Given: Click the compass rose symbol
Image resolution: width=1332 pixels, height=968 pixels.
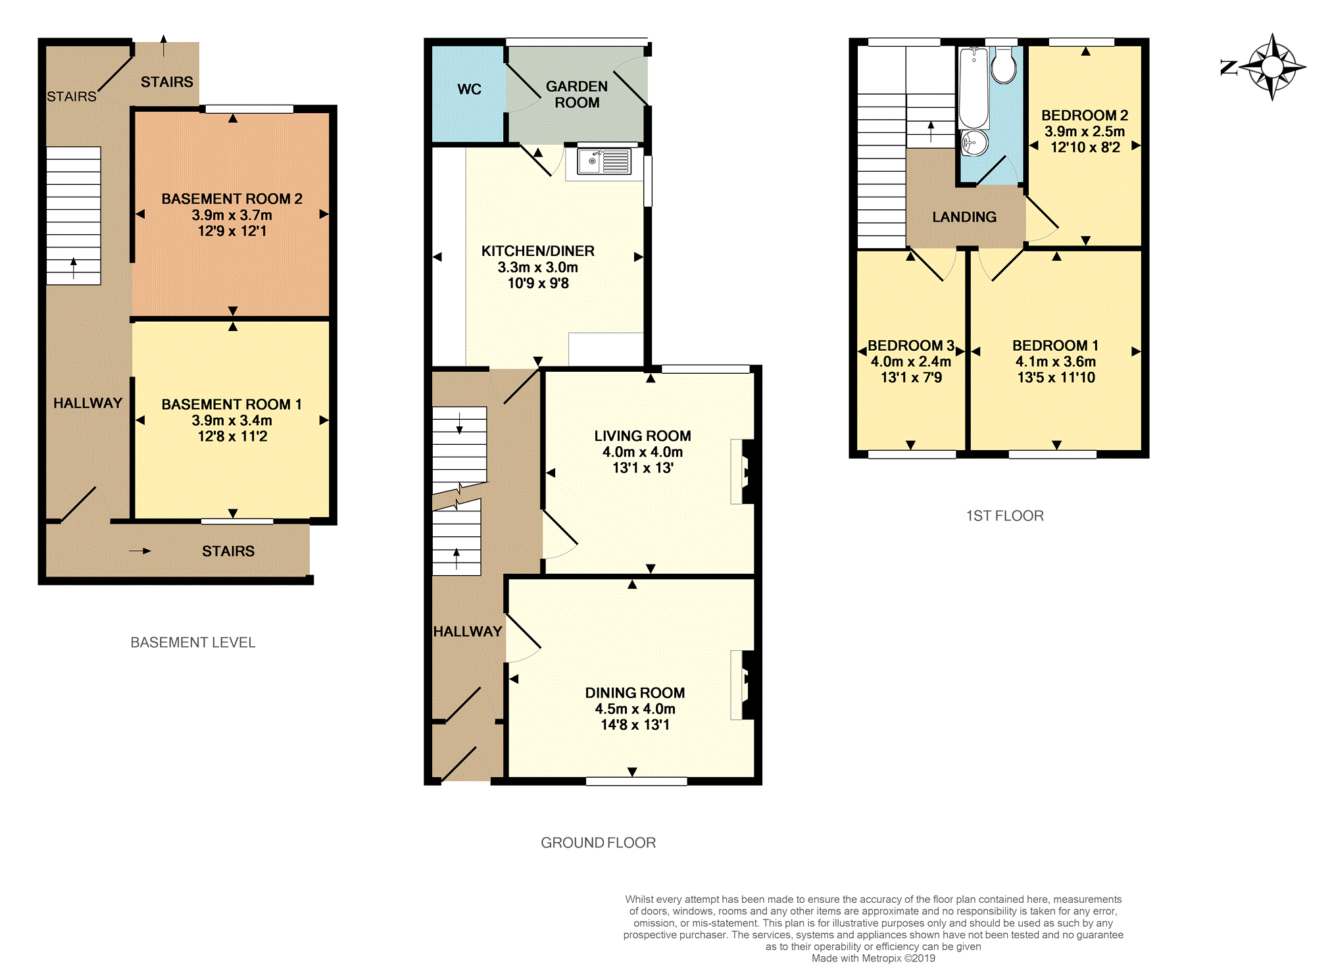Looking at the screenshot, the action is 1272,67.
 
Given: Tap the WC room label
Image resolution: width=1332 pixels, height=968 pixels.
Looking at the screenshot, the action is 469,89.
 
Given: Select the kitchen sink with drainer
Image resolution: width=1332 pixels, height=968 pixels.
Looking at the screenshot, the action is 604,161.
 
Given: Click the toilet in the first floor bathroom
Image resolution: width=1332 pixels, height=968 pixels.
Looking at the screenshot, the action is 1003,65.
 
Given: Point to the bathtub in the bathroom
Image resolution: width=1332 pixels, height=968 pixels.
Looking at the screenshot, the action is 974,88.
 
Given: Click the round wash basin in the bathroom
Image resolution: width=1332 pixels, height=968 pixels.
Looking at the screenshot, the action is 974,142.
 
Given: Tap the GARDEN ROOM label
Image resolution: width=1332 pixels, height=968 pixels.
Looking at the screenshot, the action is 577,95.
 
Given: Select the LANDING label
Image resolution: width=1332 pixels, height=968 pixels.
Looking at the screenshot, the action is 964,217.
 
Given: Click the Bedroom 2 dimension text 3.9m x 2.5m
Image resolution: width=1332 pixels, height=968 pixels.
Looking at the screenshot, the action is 1085,132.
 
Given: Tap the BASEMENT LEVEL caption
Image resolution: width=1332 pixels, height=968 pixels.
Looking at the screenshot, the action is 193,642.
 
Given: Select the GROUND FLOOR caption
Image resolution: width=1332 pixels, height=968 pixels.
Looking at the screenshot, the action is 598,843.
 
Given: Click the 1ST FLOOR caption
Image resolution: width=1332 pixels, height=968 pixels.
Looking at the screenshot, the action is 1004,516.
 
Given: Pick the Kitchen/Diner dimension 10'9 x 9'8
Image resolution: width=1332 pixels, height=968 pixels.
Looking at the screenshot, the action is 538,284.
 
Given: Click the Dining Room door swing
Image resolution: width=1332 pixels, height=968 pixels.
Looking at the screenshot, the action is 524,638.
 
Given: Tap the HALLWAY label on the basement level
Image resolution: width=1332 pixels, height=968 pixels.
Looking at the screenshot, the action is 87,403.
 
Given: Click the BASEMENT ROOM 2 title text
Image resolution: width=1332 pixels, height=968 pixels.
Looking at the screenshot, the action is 232,199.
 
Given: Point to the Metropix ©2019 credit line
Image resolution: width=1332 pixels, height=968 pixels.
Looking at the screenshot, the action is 874,958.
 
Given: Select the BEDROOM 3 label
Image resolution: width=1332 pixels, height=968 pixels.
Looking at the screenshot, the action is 911,346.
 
